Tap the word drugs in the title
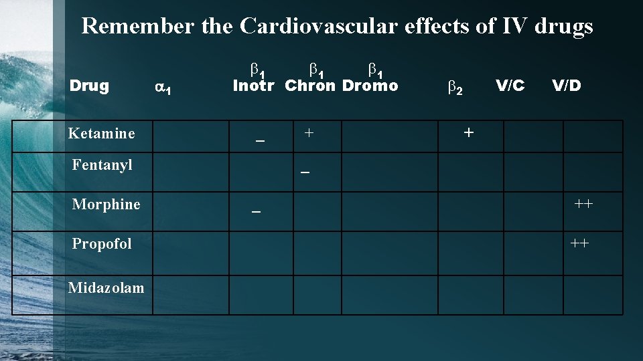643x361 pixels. [x=564, y=25]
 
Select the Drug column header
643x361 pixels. [x=89, y=86]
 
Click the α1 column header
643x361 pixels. [x=164, y=87]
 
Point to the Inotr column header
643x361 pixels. [x=256, y=86]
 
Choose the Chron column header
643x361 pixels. [x=310, y=86]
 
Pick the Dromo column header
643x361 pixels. [x=370, y=86]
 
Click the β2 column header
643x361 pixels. [x=455, y=87]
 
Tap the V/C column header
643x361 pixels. [x=510, y=85]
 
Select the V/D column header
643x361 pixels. [x=566, y=85]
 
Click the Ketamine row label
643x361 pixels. [x=102, y=133]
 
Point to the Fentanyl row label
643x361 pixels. [x=102, y=164]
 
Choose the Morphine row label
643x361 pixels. [x=106, y=204]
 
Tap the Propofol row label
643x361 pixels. [x=102, y=243]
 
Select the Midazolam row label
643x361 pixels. [x=106, y=287]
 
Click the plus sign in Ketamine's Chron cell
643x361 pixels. [x=308, y=132]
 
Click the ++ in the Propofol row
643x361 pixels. [x=580, y=243]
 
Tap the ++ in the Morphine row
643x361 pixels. [x=583, y=203]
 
